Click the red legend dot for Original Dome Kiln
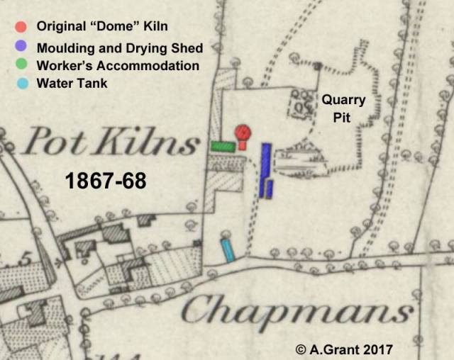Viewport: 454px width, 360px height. click(21, 27)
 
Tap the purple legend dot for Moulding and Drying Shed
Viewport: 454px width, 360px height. click(21, 47)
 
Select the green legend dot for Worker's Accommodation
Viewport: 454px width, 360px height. click(21, 65)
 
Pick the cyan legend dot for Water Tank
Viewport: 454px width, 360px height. click(21, 83)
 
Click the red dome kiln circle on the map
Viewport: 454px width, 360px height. click(243, 132)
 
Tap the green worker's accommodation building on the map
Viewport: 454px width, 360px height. click(223, 147)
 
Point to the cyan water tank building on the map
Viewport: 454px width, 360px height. click(227, 249)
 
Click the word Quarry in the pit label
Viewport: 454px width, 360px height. click(344, 101)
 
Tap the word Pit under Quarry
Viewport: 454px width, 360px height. click(343, 118)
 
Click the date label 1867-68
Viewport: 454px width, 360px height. click(106, 181)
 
